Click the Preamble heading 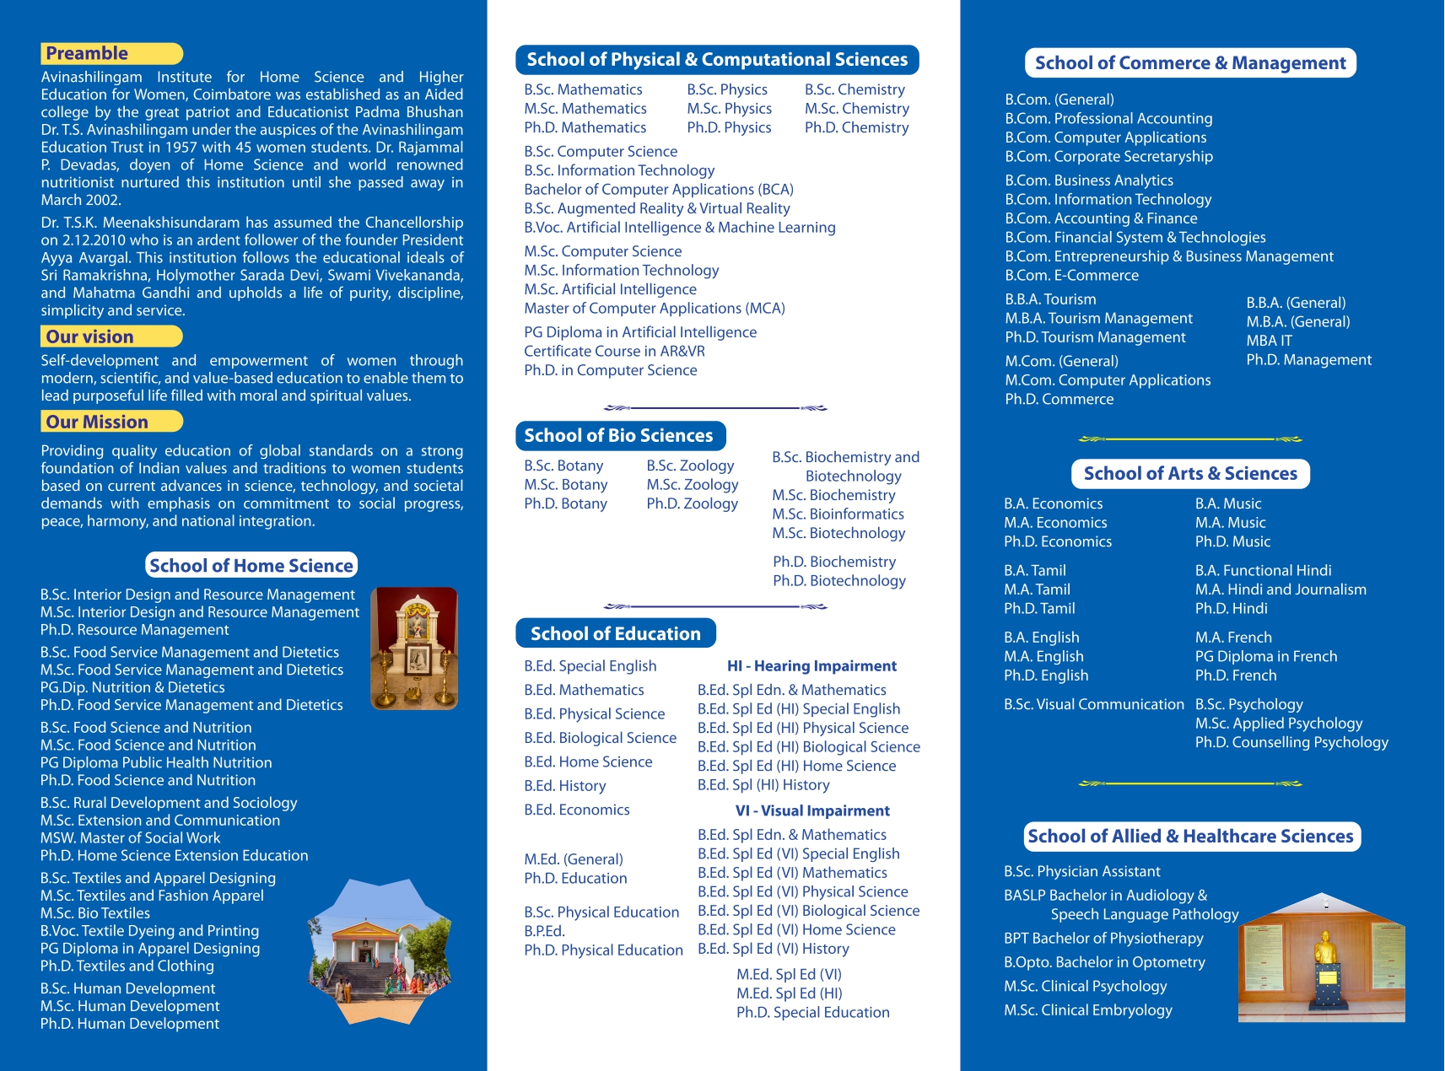point(88,54)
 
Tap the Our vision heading point(90,337)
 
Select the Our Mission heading point(97,422)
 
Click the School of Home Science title point(251,566)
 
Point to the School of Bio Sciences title point(618,436)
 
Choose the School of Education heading point(615,634)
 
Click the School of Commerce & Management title point(1189,63)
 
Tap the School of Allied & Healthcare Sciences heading point(1190,837)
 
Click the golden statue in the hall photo point(1325,950)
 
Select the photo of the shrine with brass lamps point(414,648)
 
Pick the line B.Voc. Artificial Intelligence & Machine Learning point(679,228)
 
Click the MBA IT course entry point(1269,341)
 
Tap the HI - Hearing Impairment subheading point(811,666)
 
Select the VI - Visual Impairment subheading point(812,811)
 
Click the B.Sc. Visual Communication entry point(1093,705)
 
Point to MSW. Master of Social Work point(130,838)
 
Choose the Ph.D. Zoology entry point(692,504)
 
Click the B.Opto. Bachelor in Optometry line point(1103,963)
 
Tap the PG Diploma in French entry point(1265,657)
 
